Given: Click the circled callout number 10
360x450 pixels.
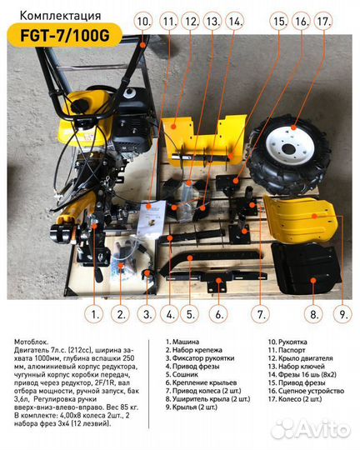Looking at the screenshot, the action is [144, 22].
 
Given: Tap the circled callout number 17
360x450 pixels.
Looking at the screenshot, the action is [325, 22].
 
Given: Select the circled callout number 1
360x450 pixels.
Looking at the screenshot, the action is [94, 314].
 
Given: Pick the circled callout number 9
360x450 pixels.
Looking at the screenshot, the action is [342, 314].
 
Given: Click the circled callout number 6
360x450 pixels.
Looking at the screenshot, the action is [219, 314].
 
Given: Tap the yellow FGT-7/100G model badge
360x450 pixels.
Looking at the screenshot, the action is [65, 36].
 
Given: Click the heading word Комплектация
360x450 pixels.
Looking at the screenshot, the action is [60, 16].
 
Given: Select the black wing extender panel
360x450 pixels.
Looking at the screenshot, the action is [306, 268].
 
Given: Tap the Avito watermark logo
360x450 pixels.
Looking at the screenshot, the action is [311, 429].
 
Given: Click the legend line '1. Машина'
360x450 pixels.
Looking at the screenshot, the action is [182, 342].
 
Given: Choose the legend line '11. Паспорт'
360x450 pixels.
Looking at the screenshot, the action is [287, 350].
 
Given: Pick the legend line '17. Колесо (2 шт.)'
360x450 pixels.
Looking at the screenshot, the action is [295, 399].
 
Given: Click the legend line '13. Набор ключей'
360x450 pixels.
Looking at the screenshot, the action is [297, 367].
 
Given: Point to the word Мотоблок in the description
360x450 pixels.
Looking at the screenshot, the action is [32, 342].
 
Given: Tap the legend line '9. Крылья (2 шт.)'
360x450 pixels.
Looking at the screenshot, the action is [192, 407].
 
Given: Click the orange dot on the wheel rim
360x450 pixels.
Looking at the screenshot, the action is [292, 127].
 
